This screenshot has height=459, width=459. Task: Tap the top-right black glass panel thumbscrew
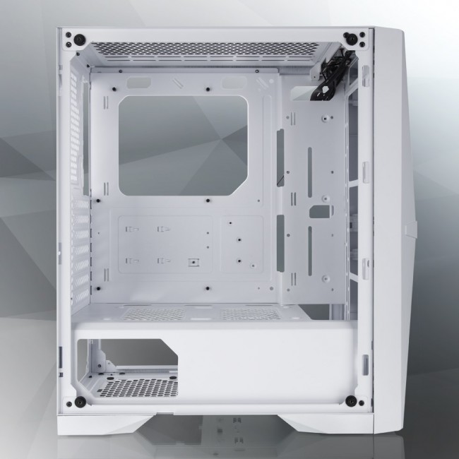pos(350,37)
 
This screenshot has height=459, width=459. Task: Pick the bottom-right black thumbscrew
pos(351,401)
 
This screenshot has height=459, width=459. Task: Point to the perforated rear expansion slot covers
pos(79,240)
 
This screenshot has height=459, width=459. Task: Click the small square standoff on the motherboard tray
pos(191,262)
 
